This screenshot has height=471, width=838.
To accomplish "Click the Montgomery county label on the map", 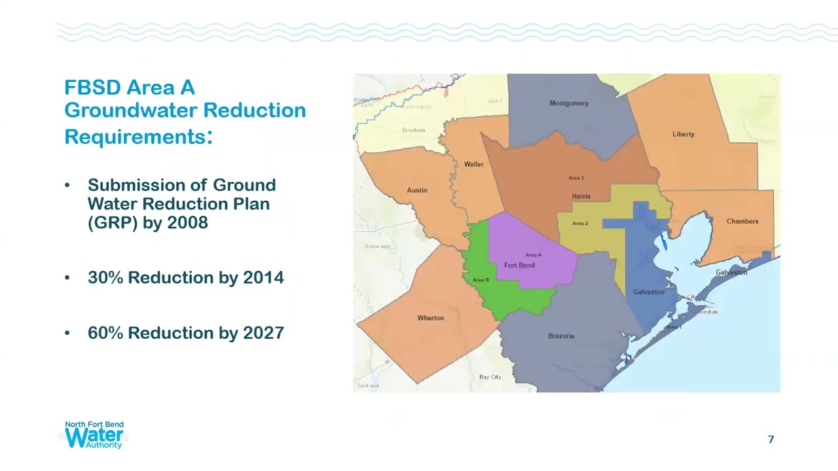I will pos(568,103).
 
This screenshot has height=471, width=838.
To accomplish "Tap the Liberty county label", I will pos(683,134).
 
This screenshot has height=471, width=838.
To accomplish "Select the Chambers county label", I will pos(742,221).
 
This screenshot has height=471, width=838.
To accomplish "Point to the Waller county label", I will pos(473,164).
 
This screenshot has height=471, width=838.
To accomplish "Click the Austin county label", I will pos(417,190).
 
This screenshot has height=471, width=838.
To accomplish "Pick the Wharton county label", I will pos(430,318).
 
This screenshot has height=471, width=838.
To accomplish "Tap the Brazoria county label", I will pos(561,336).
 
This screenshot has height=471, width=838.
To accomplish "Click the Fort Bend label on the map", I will pos(519,265).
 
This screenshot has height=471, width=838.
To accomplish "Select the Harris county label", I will pos(581,196).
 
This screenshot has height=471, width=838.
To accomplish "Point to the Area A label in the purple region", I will pos(533,255).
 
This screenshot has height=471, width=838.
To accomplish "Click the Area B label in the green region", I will pos(481,280).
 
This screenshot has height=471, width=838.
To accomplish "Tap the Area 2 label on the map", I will pos(579,224).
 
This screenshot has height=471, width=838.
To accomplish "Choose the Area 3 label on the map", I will pos(575,178).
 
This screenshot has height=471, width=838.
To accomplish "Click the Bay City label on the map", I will pos(490,377).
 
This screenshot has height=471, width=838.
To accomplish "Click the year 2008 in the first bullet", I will pos(187,222).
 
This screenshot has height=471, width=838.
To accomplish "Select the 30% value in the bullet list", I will pos(105,277).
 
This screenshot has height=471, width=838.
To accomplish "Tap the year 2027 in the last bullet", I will pos(263,333).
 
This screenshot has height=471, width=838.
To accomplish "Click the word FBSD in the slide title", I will pos(92,88).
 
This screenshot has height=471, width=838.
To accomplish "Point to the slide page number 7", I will pos(771,440).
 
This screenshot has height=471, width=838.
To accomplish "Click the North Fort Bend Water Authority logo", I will pos(94,435).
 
